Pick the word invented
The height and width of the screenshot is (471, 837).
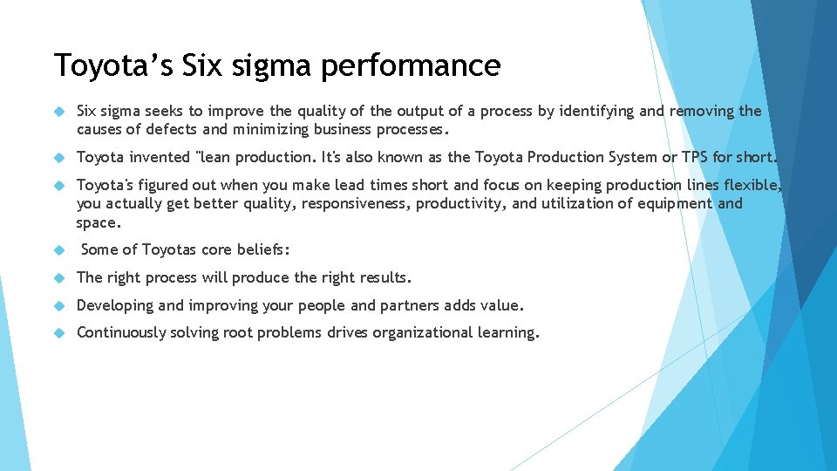click(159, 157)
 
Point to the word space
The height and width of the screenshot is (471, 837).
click(99, 222)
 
